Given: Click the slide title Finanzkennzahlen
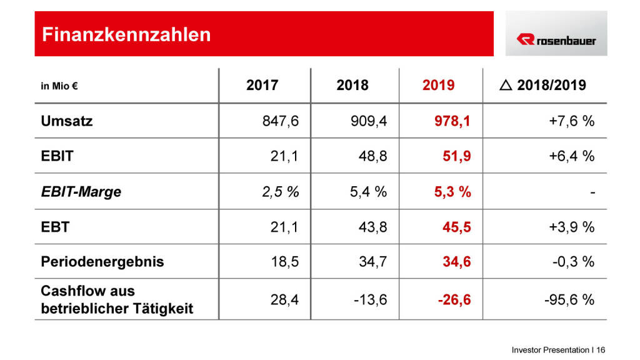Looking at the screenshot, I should (126, 34).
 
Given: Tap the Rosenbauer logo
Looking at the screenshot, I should (556, 40).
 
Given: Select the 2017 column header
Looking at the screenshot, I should (262, 86).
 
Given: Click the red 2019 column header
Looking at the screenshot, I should (438, 86).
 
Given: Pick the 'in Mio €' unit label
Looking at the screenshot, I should (59, 86).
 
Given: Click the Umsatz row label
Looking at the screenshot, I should (66, 121).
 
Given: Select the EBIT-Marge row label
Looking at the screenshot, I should (81, 192).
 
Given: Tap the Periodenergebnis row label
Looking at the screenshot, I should (102, 261).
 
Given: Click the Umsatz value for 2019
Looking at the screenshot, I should (454, 121).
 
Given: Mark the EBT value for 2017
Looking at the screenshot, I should (285, 227).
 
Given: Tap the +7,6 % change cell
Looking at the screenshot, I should (572, 121).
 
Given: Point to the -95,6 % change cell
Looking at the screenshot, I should (569, 300).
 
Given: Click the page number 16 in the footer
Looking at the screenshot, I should (601, 350).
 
